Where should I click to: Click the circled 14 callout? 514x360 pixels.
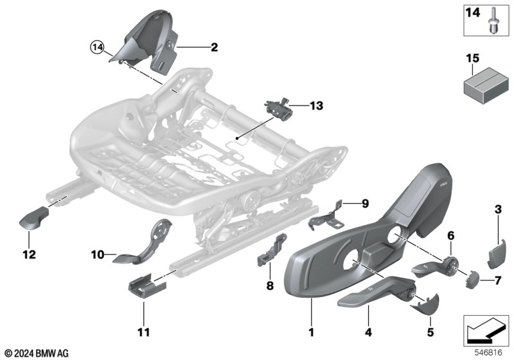point(97,48)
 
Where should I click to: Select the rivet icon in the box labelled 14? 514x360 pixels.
point(493,21)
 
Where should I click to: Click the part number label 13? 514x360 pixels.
point(316,106)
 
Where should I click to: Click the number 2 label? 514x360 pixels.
point(214,48)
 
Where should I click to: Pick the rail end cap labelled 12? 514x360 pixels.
point(34,219)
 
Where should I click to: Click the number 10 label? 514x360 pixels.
point(98,255)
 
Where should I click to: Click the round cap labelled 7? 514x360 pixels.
point(472,280)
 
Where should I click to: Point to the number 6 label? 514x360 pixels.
point(451,235)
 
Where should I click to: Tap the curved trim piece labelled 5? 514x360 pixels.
point(425,304)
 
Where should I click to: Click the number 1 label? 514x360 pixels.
point(312,332)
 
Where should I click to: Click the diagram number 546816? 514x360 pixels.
point(488,352)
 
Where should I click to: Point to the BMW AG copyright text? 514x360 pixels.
point(37,353)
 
